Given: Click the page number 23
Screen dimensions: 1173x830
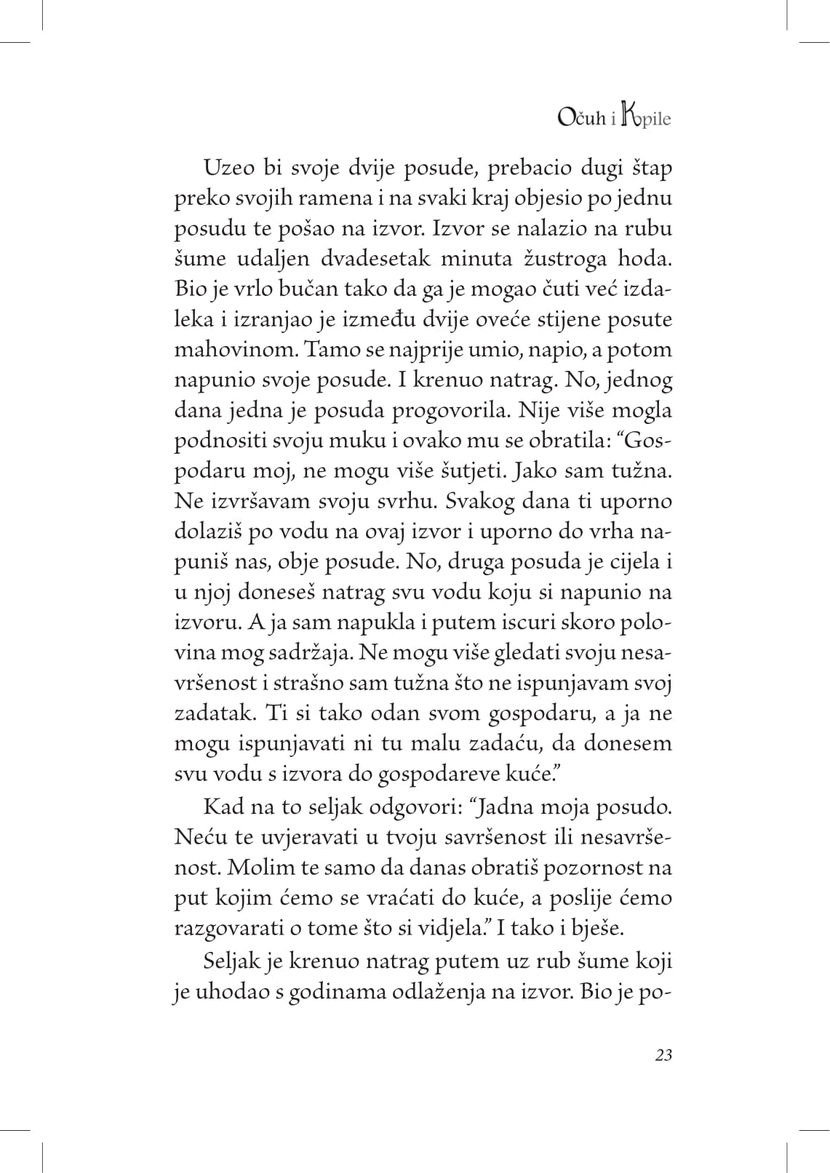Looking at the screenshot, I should [662, 1055].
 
